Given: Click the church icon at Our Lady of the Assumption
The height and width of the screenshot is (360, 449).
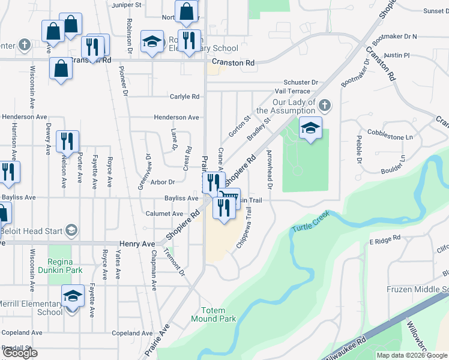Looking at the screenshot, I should [324, 106].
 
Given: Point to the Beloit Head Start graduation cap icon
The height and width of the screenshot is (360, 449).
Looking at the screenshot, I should [71, 231].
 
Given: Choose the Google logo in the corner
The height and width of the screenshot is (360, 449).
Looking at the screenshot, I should [20, 353].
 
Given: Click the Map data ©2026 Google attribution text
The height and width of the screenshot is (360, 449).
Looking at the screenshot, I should [412, 355].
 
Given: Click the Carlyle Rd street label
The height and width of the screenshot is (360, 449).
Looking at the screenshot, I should [184, 97].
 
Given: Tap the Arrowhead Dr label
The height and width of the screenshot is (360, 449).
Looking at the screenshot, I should [270, 170].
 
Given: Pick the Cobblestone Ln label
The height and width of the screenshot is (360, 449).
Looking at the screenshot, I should [390, 137].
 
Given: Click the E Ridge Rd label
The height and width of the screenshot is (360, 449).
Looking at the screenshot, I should [384, 240].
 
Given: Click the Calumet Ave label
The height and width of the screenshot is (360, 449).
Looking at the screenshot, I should [164, 214].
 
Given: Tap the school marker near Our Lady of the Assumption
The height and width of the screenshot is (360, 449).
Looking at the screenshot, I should [310, 128].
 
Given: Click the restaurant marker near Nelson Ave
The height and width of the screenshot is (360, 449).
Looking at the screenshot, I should [67, 142].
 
